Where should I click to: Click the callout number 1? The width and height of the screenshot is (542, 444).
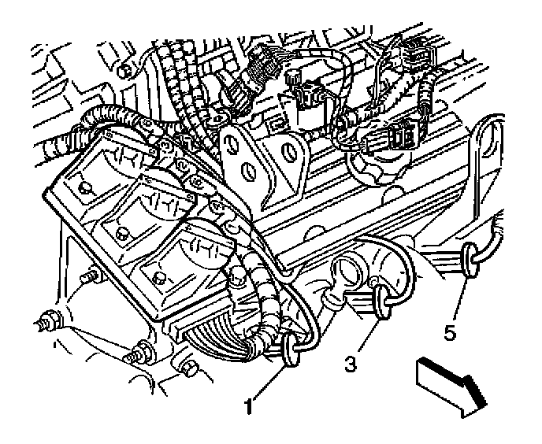[x=249, y=408]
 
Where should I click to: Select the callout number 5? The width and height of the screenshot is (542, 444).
[x=450, y=334]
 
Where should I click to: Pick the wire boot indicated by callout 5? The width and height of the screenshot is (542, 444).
[x=470, y=260]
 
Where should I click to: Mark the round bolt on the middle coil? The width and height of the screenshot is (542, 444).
[x=120, y=233]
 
